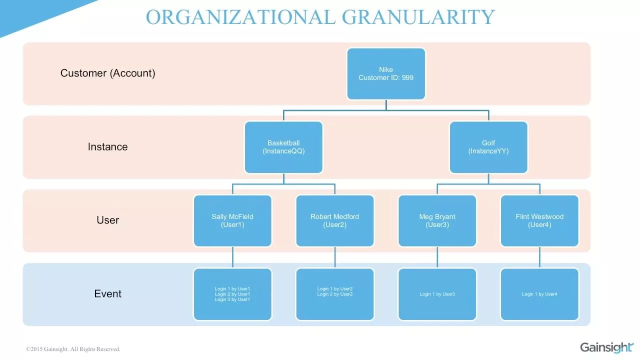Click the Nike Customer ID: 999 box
click(386, 73)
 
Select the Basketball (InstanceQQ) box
click(283, 147)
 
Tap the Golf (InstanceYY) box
click(488, 147)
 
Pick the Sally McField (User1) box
click(232, 220)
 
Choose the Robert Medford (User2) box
click(335, 220)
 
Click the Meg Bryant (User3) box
click(437, 220)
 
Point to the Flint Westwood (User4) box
click(539, 220)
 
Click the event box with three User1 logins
click(232, 294)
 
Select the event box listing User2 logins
click(335, 294)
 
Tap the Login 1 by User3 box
click(437, 294)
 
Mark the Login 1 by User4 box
click(539, 294)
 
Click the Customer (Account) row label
click(108, 73)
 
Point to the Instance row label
click(107, 146)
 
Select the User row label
click(107, 220)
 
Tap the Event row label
click(107, 293)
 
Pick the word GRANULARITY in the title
click(418, 17)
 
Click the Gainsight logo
click(606, 347)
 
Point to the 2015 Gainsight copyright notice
click(73, 349)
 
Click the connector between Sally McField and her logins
click(232, 257)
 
